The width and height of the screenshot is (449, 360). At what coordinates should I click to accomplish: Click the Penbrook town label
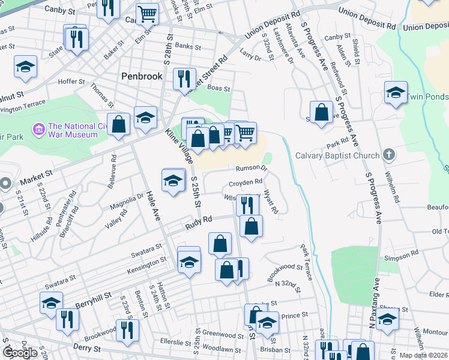tap(141, 76)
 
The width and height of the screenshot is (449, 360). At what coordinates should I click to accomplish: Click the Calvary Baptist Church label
tap(337, 155)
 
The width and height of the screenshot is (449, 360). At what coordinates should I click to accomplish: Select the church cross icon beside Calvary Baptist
tap(389, 155)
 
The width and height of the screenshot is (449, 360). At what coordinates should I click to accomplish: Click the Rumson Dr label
tap(251, 168)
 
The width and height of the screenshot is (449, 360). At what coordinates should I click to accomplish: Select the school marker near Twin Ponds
tap(396, 92)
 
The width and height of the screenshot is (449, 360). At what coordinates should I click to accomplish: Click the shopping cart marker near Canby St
tap(146, 13)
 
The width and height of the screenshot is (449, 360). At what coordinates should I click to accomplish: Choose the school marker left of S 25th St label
tap(173, 181)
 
